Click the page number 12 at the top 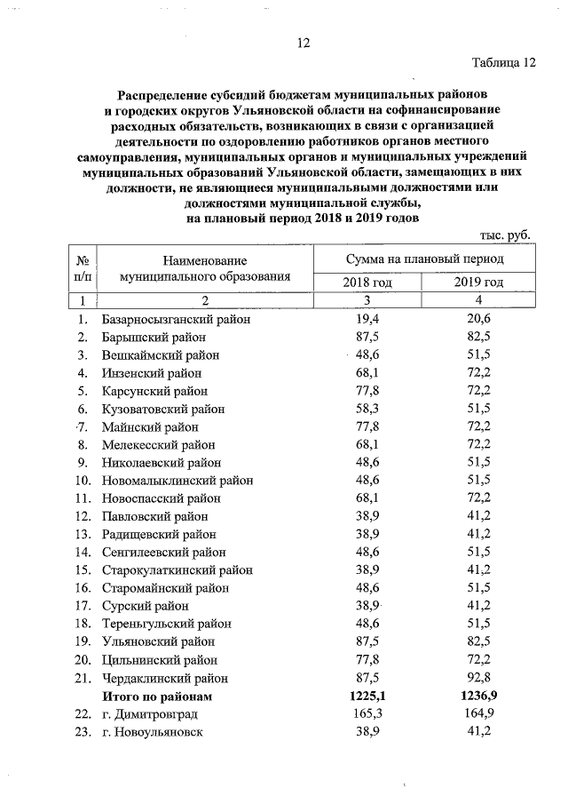[303, 44]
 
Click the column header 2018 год [367, 282]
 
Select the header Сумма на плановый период [423, 259]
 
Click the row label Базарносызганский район [177, 319]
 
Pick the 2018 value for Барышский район [367, 337]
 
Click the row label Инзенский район [152, 372]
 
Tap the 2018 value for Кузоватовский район [367, 409]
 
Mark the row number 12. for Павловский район [83, 516]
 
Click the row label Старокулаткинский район [178, 569]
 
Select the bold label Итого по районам [158, 696]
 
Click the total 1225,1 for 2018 [367, 696]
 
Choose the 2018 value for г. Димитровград [367, 713]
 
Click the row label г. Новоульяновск [153, 731]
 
